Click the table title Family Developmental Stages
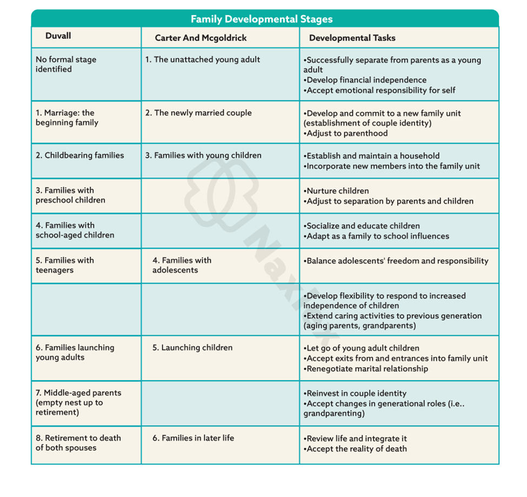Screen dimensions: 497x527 [x=262, y=19]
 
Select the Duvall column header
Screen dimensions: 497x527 [x=58, y=36]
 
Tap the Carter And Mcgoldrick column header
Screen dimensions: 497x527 [x=201, y=38]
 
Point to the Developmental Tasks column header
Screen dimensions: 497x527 [x=352, y=38]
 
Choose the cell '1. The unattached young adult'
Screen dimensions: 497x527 [x=202, y=59]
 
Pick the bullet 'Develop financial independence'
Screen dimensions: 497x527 [x=366, y=80]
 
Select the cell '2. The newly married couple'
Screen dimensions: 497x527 [x=198, y=113]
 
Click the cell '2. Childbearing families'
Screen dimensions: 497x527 [x=80, y=155]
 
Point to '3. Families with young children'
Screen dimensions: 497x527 [x=203, y=155]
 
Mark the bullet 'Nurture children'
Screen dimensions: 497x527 [x=338, y=191]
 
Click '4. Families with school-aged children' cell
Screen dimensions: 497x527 [x=75, y=230]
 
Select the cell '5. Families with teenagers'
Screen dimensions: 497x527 [x=65, y=265]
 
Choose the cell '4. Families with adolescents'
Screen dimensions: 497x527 [x=182, y=265]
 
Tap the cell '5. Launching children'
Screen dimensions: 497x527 [x=192, y=348]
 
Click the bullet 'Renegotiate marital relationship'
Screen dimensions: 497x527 [x=367, y=369]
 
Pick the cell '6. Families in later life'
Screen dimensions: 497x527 [x=193, y=438]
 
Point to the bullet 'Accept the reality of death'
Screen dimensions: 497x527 [x=357, y=448]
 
